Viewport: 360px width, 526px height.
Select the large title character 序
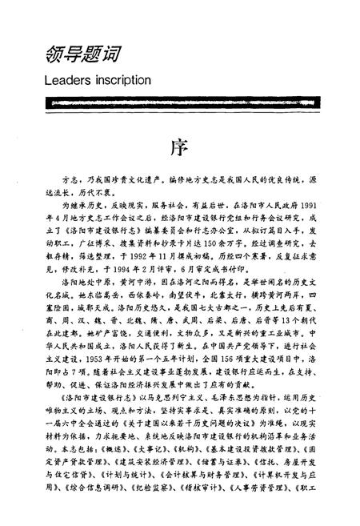pos(178,151)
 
